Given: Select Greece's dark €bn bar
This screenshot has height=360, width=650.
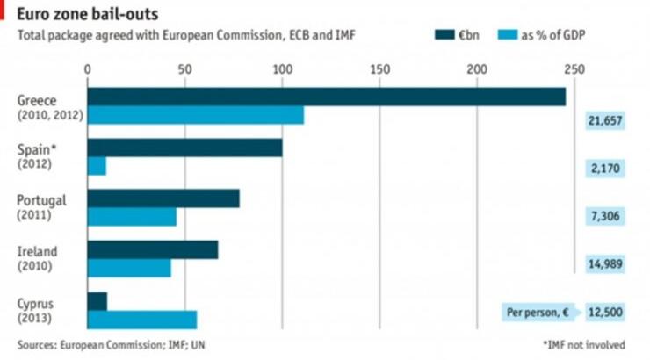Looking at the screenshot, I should coord(326,97).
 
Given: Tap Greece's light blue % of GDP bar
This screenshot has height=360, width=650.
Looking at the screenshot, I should coord(195,115).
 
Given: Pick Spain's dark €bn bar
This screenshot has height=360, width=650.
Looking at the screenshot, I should coord(184,147).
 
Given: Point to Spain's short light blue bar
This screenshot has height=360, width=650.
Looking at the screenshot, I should coord(97,165).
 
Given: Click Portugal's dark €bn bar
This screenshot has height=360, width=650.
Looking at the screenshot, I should coord(163,198).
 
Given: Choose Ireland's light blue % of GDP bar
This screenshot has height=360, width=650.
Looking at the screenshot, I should coord(129,268).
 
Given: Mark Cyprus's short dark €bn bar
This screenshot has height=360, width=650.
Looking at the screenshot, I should coord(97,302).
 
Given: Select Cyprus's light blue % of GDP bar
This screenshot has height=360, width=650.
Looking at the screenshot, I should coord(142,320).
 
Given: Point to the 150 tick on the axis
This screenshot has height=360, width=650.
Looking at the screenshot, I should coord(379,68).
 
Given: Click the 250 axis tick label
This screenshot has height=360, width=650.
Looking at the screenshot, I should coord(574,68).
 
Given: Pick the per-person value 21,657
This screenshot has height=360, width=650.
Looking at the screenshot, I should coord(605,121).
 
